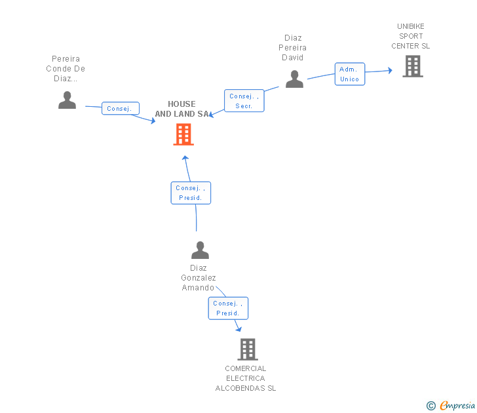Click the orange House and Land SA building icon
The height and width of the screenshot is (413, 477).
[183, 134]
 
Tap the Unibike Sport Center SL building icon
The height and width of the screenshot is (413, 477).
[412, 66]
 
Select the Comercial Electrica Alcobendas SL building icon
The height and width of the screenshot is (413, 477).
[247, 349]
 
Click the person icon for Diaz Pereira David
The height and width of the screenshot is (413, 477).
[294, 79]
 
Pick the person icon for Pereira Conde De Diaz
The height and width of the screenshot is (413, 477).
[67, 100]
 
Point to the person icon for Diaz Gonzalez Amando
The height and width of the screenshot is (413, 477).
[199, 250]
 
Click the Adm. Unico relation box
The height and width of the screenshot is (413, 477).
[349, 74]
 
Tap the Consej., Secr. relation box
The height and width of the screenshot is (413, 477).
[244, 101]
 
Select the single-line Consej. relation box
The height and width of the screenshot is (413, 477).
[120, 109]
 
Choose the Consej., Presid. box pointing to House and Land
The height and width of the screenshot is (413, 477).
[191, 193]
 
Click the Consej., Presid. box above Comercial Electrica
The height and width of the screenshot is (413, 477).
[228, 308]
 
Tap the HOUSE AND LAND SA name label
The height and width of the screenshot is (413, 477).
[181, 109]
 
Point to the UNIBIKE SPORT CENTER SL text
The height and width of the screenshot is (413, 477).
[410, 36]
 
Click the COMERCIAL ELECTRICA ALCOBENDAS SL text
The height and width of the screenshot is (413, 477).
[246, 378]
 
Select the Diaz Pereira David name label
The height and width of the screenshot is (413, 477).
[293, 48]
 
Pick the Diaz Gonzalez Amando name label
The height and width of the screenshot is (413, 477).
[199, 277]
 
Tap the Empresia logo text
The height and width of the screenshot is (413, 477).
[457, 405]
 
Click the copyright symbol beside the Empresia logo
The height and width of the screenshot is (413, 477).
[430, 406]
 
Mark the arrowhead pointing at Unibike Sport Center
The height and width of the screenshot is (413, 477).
[390, 69]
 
